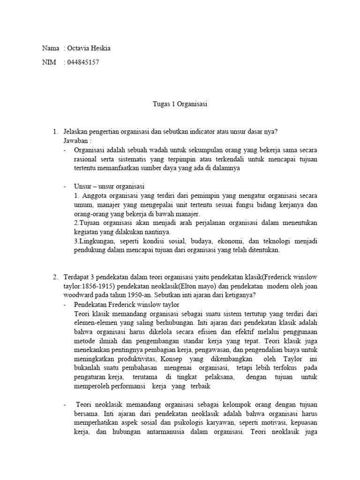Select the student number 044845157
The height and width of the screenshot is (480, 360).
point(83,62)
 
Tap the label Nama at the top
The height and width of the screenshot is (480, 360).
point(51,48)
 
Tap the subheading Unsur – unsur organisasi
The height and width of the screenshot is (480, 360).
point(109,187)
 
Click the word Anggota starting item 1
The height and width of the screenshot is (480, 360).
point(94,196)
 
